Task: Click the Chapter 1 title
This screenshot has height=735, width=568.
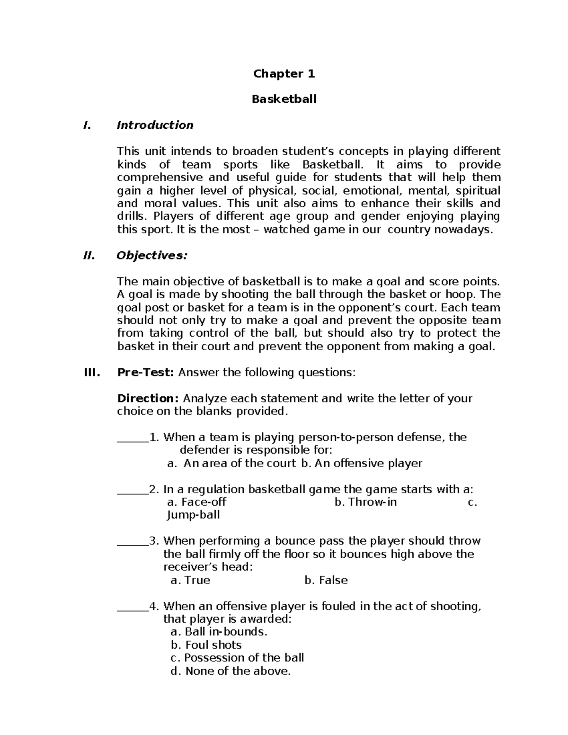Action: (284, 73)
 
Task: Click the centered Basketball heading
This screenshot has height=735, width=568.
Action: (284, 99)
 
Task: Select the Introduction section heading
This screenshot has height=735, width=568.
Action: (155, 125)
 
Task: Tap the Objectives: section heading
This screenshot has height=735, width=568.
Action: (152, 256)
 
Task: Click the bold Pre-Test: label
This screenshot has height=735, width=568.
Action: (146, 372)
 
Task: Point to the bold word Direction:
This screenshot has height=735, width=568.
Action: (148, 398)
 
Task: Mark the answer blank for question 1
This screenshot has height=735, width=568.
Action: (132, 438)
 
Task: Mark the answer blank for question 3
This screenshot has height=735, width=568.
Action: (132, 542)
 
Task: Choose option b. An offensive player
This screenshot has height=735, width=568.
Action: (361, 463)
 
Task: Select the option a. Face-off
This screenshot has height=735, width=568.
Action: (197, 502)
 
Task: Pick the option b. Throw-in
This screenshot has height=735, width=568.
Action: (365, 502)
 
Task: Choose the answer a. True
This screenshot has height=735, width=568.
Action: (190, 580)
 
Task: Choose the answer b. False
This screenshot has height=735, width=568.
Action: (326, 580)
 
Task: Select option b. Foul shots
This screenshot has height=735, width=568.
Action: (206, 645)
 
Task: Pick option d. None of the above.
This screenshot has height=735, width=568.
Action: (230, 671)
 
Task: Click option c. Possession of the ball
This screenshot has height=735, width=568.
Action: (237, 658)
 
